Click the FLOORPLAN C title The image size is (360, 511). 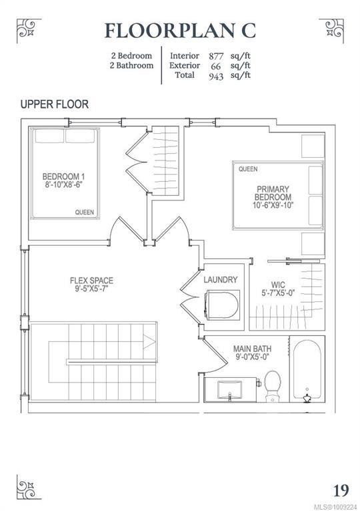tap(180, 31)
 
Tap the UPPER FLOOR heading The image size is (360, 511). tap(55, 104)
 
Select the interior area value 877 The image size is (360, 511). tap(216, 56)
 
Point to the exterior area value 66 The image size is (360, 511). tap(215, 66)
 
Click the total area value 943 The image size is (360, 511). tap(216, 76)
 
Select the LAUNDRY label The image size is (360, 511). tap(221, 279)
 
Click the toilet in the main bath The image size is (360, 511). tap(273, 385)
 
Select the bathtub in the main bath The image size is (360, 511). tap(307, 370)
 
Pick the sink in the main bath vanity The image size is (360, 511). tap(229, 389)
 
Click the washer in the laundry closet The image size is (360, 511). tap(222, 305)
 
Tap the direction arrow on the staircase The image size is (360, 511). tap(149, 342)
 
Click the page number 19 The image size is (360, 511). tap(341, 490)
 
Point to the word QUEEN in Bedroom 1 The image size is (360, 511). tap(85, 212)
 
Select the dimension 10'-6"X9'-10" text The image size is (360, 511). tap(273, 206)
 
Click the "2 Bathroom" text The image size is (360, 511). tap(131, 65)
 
